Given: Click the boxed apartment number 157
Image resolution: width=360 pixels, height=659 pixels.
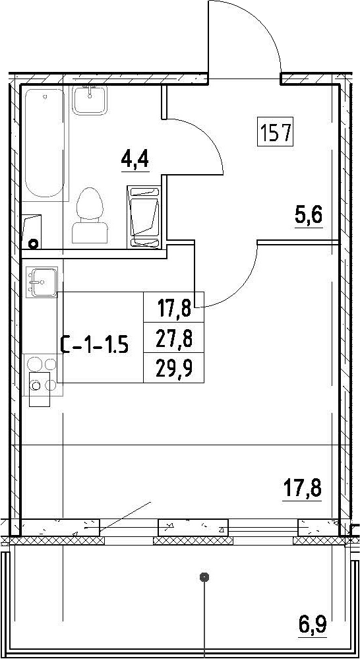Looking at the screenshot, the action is pos(275,133).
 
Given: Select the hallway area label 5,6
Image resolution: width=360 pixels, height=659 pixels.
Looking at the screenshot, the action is pos(310,218).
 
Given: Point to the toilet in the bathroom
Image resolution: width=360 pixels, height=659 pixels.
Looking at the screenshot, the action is pos(90,215).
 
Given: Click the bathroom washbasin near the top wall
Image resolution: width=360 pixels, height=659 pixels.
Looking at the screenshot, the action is pos(90,100).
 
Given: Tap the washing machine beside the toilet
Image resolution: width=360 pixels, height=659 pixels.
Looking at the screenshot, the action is pos(145,217).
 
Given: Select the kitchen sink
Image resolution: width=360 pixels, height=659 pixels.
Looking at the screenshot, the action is pos(40,281).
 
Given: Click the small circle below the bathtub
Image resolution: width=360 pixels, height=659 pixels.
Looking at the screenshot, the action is pos(32,243).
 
